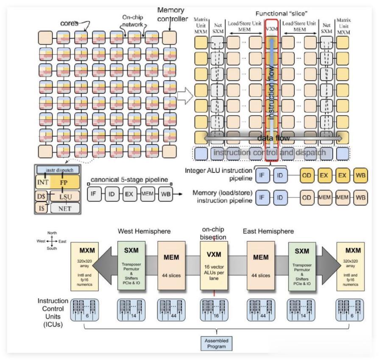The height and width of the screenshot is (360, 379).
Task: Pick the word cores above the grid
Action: (x=69, y=23)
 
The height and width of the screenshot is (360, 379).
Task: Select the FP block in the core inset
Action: (x=64, y=183)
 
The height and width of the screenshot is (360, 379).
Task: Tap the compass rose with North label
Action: (x=52, y=241)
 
